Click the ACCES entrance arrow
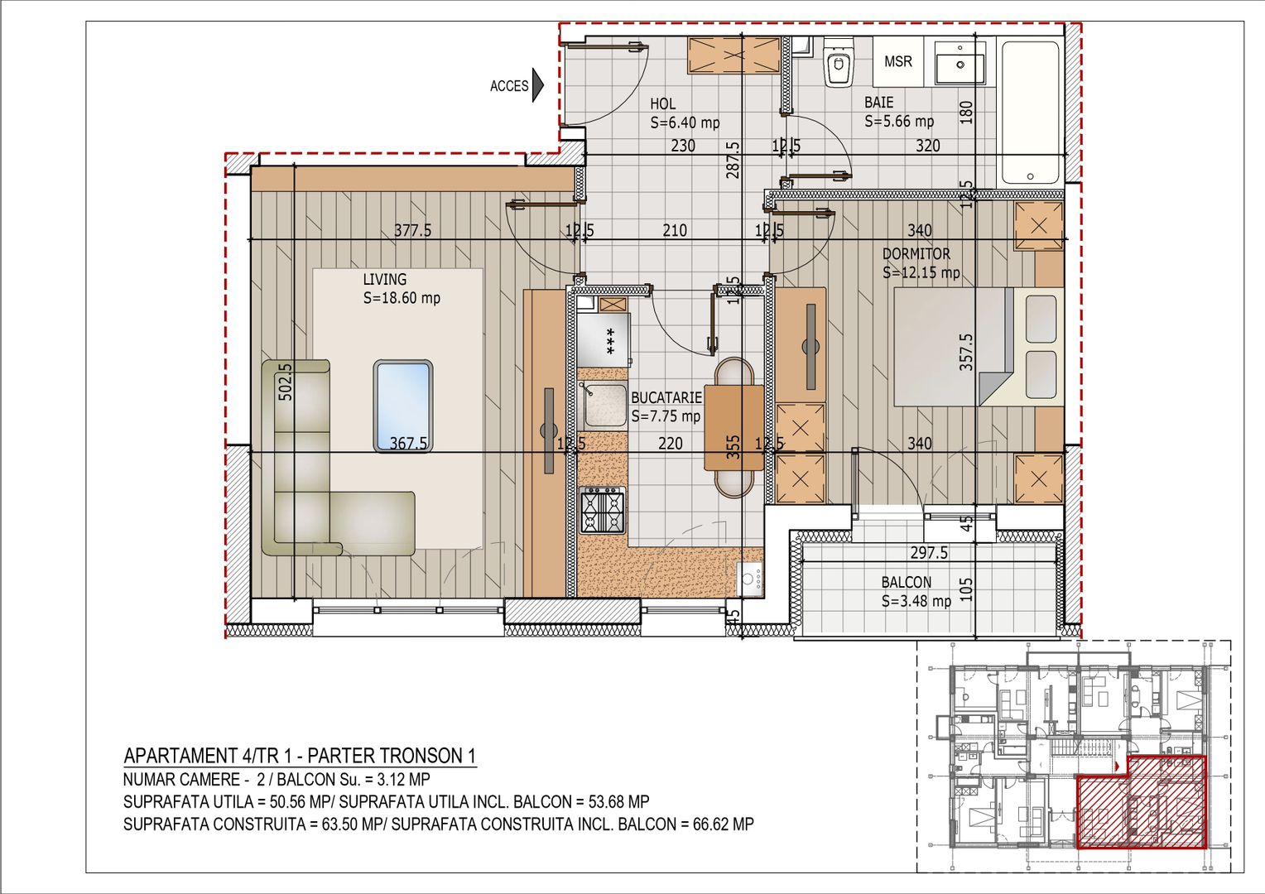pyautogui.click(x=538, y=84)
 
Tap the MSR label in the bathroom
pyautogui.click(x=897, y=61)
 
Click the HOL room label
pyautogui.click(x=662, y=103)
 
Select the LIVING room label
pyautogui.click(x=385, y=280)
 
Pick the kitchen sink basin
pyautogui.click(x=603, y=405)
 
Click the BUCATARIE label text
pyautogui.click(x=666, y=397)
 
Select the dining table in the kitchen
pyautogui.click(x=734, y=427)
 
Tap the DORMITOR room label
pyautogui.click(x=916, y=254)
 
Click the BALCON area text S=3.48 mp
pyautogui.click(x=916, y=601)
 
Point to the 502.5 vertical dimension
pyautogui.click(x=285, y=382)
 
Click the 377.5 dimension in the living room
pyautogui.click(x=412, y=230)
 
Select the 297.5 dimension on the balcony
pyautogui.click(x=928, y=552)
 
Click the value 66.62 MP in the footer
pyautogui.click(x=717, y=824)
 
